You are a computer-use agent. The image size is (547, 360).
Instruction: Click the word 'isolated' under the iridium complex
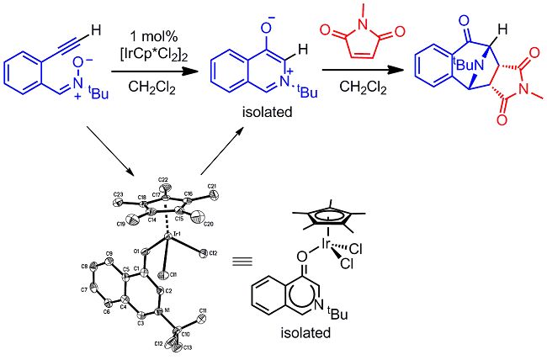pyautogui.click(x=308, y=341)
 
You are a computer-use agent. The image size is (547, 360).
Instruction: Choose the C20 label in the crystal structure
pyautogui.click(x=208, y=226)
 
